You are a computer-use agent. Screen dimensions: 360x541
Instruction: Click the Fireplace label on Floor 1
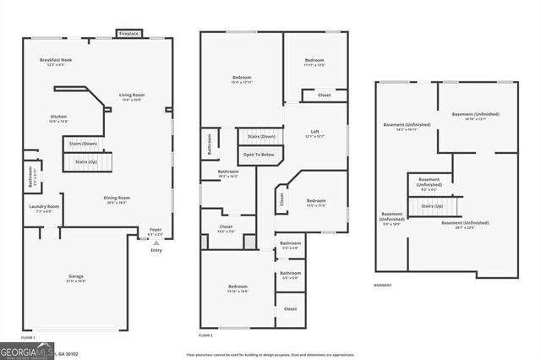coord(129,35)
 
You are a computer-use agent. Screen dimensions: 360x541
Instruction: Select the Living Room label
coord(131,97)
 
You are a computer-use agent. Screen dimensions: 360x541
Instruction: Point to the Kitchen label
coord(58,119)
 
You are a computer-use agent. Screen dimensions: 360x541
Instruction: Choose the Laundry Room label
coord(44,209)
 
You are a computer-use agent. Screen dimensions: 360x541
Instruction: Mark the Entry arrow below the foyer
coord(156,243)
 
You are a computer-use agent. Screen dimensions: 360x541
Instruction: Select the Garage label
coord(76,279)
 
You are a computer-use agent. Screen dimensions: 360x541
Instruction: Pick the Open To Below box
coord(258,155)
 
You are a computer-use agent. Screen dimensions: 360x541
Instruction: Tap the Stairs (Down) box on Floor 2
coord(260,136)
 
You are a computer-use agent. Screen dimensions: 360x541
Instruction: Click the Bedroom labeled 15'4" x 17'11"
coord(242,79)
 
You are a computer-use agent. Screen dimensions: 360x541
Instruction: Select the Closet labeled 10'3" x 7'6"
coord(227,229)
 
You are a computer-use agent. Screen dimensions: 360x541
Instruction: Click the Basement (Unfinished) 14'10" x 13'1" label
coord(475,116)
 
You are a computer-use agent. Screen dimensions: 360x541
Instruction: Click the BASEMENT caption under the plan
coord(383,286)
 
